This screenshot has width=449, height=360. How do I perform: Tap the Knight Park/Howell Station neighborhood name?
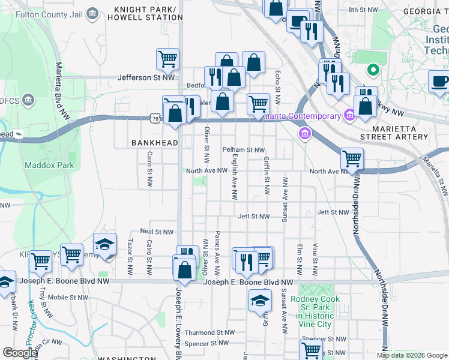(155, 13)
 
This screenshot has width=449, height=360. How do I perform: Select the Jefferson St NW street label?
(146, 77)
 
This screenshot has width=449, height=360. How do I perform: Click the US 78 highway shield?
(155, 119)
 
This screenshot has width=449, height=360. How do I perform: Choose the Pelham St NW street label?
(243, 149)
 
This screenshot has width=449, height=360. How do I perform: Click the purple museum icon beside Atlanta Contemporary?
(304, 132)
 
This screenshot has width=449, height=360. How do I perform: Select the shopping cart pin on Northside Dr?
(351, 159)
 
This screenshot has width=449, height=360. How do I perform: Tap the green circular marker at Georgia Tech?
(373, 71)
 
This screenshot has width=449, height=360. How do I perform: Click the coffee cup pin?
(439, 82)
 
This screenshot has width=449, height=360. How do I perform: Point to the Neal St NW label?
(156, 231)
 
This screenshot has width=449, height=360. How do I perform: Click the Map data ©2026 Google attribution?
(412, 355)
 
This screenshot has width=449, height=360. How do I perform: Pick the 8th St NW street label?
(363, 11)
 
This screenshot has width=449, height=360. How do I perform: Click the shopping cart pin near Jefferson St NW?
(167, 59)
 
